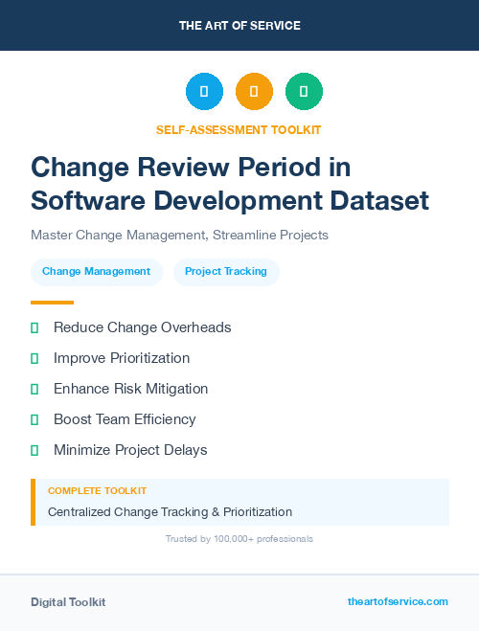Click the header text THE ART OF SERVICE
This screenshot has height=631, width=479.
click(239, 26)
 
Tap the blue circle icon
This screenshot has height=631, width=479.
click(204, 91)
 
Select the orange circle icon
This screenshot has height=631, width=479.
click(254, 91)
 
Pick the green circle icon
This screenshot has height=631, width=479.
click(304, 91)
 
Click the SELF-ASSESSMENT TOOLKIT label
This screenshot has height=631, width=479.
click(239, 129)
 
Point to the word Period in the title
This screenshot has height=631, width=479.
click(271, 168)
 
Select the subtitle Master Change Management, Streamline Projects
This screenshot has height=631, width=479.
click(180, 235)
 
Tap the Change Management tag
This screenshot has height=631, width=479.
click(96, 272)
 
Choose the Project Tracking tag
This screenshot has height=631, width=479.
click(226, 272)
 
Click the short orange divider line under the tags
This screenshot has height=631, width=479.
click(52, 303)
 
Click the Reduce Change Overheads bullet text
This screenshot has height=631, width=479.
click(143, 327)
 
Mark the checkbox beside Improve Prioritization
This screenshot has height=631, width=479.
click(34, 358)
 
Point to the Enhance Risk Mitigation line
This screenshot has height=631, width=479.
click(130, 389)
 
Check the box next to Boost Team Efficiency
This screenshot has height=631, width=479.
click(34, 419)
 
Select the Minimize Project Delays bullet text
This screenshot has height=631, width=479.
click(130, 450)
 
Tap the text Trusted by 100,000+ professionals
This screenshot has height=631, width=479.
click(239, 539)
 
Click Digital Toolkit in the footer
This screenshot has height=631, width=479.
click(68, 602)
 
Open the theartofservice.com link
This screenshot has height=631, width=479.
click(398, 601)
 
